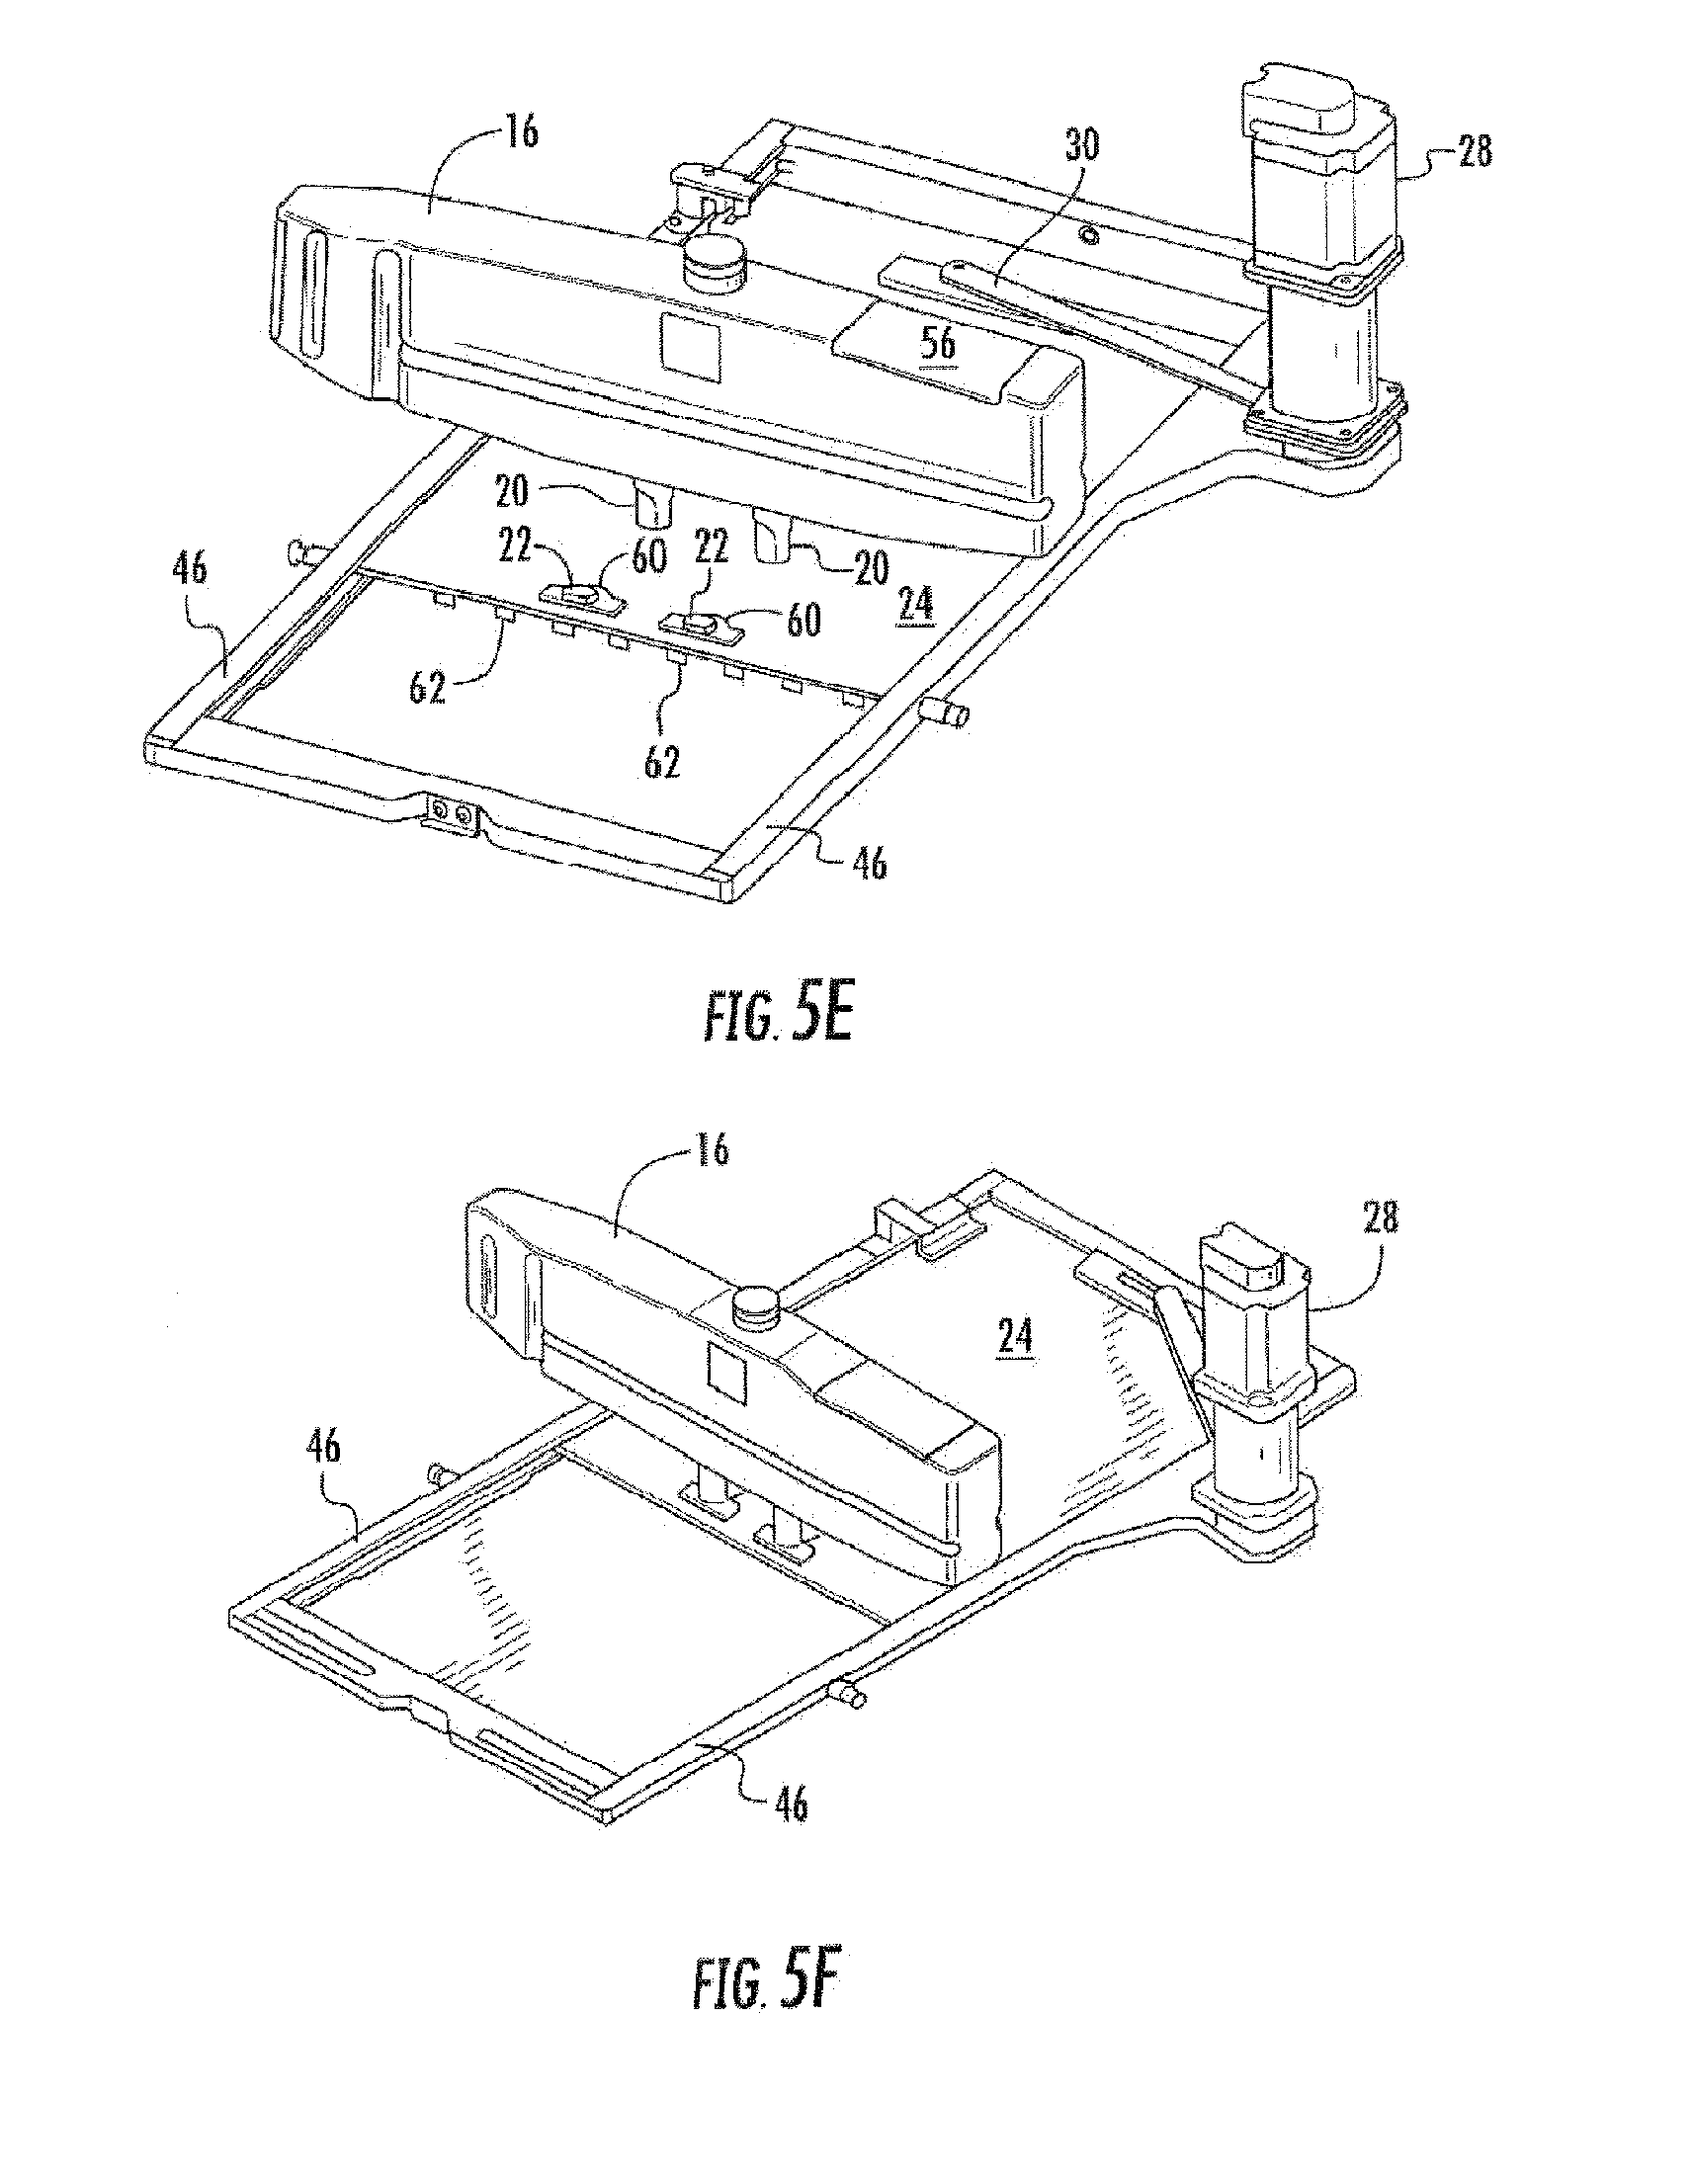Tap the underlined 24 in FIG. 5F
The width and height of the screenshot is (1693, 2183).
pyautogui.click(x=1014, y=1337)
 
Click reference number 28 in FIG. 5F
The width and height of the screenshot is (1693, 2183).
pyautogui.click(x=1379, y=1218)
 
